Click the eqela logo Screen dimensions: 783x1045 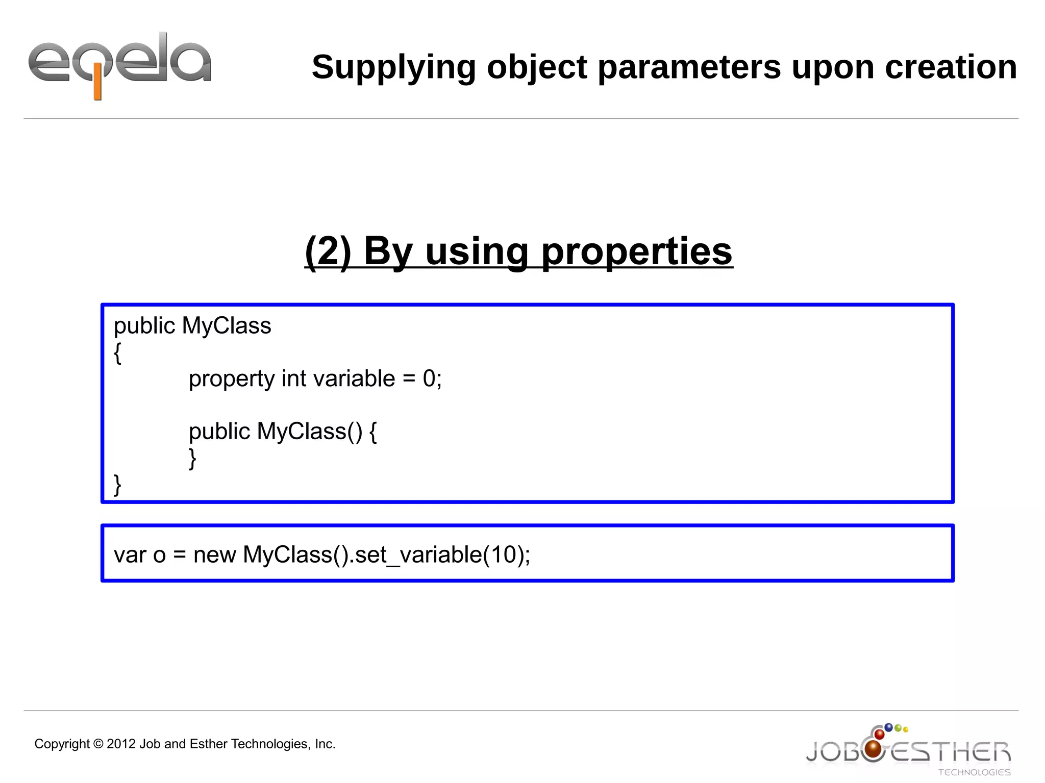coord(119,64)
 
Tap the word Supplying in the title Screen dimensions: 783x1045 coord(393,67)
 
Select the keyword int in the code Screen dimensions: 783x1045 coord(294,378)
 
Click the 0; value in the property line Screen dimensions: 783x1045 coord(432,378)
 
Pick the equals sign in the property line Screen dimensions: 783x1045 coord(409,379)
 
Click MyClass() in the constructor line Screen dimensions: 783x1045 coord(309,432)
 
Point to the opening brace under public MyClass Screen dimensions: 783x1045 coord(118,352)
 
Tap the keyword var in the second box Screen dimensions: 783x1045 coord(130,555)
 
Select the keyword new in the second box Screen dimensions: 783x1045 coord(214,555)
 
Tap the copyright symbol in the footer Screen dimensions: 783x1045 coord(98,744)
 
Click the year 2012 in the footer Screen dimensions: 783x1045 coord(121,744)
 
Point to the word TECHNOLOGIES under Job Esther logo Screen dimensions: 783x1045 coord(974,772)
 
